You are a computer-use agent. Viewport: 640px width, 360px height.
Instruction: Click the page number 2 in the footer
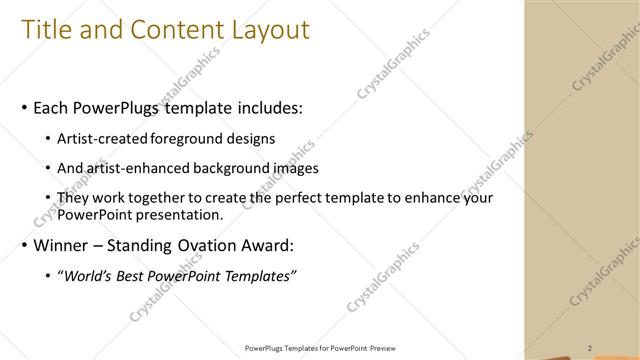(590, 347)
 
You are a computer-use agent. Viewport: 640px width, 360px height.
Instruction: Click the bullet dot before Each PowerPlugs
(23, 107)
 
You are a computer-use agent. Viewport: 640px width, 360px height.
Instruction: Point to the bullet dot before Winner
(23, 246)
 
